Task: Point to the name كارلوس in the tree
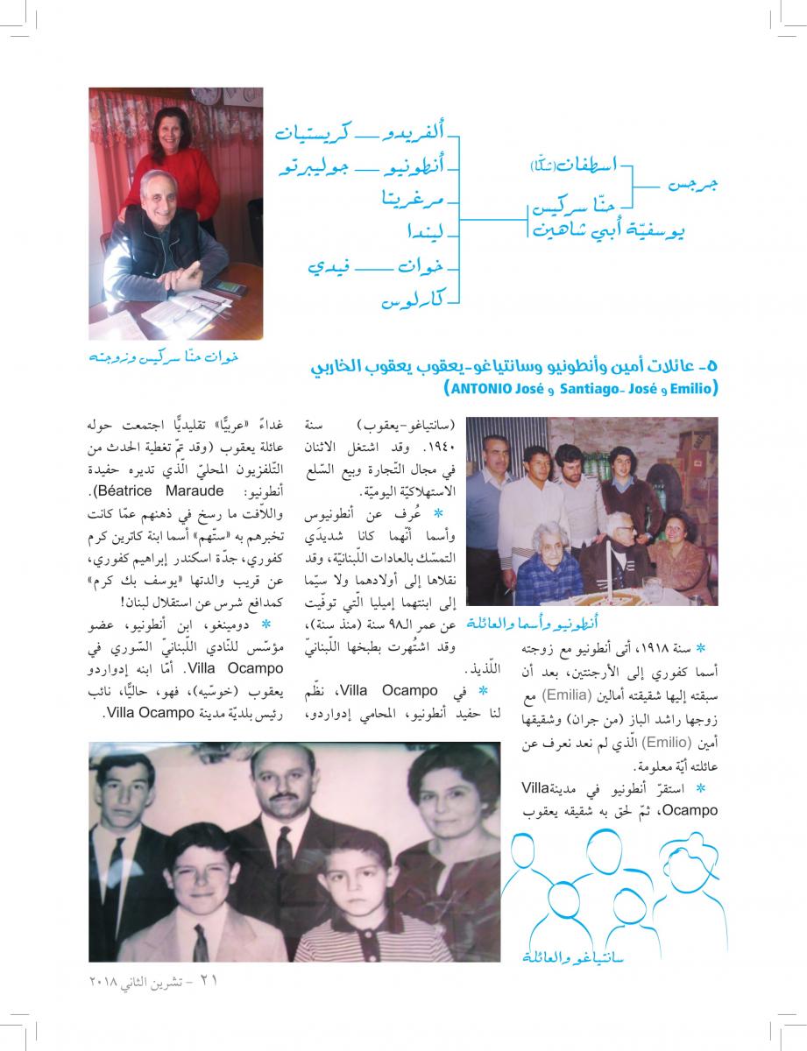pyautogui.click(x=413, y=301)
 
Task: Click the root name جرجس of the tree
pyautogui.click(x=692, y=186)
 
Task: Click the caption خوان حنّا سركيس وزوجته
pyautogui.click(x=164, y=358)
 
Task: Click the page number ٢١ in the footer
pyautogui.click(x=208, y=982)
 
